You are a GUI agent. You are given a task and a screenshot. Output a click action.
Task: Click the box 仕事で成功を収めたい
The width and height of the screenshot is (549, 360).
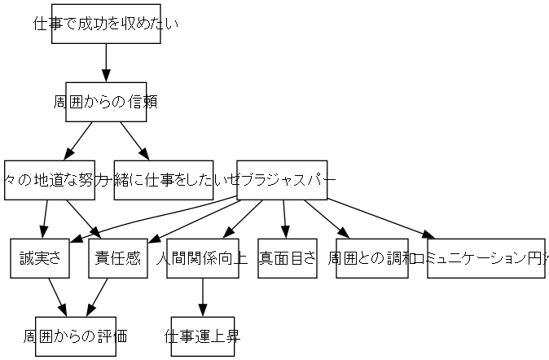[x=106, y=24]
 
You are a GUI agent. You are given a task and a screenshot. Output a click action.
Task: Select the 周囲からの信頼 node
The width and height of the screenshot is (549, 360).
[x=106, y=102]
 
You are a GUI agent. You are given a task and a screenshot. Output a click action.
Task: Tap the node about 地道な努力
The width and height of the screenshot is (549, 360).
[x=55, y=180]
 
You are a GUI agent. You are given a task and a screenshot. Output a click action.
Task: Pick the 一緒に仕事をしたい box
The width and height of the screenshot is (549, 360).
[x=164, y=180]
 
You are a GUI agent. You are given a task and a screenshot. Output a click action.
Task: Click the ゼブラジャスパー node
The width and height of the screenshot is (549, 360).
[x=282, y=180]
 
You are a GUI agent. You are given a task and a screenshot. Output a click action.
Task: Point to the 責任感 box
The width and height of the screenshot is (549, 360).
[x=117, y=258]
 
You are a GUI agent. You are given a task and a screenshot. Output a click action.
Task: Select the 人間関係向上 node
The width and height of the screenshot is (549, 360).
[x=202, y=258]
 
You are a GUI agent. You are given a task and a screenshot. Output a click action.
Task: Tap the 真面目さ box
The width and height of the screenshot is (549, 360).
[x=287, y=258]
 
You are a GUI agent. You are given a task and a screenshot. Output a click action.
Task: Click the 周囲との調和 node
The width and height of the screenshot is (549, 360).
[x=371, y=258]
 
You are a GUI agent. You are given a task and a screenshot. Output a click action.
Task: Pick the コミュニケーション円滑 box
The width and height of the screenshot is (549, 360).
[x=485, y=258]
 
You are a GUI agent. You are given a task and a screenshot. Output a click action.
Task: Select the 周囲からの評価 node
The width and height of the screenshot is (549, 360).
[x=76, y=336]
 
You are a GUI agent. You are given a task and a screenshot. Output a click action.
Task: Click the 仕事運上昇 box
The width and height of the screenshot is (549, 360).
[x=202, y=336]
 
